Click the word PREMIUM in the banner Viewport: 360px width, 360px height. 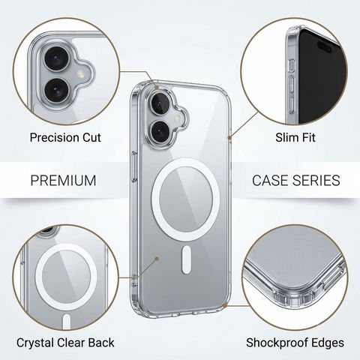coord(63,180)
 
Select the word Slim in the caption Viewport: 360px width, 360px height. coord(285,137)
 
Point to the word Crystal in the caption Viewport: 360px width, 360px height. coord(36,343)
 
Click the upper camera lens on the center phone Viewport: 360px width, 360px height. coord(160,103)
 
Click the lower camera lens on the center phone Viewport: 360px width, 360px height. coord(160,131)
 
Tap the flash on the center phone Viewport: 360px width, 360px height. coord(178,118)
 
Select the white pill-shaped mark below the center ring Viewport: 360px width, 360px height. coord(187,259)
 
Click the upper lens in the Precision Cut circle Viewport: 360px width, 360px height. coord(56,59)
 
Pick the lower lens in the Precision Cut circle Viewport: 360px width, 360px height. coord(56,90)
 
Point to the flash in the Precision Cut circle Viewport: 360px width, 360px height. coord(80,73)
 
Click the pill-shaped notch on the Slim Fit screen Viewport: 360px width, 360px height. coord(324,46)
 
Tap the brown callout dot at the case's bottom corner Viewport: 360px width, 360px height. coord(224,305)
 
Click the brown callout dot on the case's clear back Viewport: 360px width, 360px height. coord(157,259)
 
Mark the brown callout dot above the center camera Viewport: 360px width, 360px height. coord(157,88)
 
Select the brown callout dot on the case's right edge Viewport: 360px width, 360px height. coord(229,137)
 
